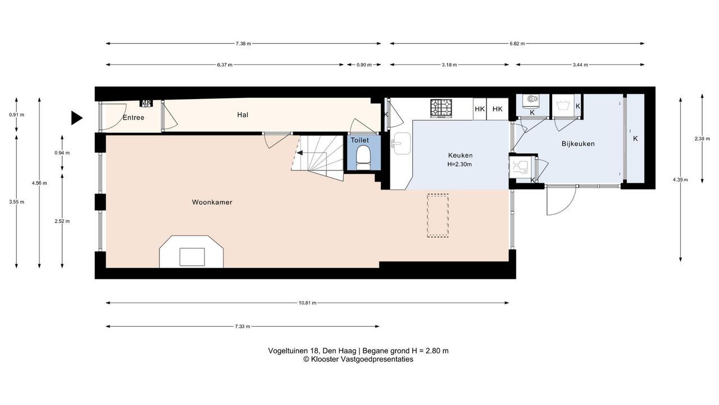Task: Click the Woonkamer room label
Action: [x=212, y=202]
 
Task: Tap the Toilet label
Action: [x=359, y=140]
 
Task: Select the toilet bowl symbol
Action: [x=363, y=157]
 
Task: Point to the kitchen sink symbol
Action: [x=401, y=143]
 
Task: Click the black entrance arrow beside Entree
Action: [x=77, y=118]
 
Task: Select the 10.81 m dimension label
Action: [x=307, y=303]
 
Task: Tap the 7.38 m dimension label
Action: [x=243, y=44]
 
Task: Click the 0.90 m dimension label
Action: [x=364, y=65]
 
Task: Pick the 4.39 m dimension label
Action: [x=680, y=179]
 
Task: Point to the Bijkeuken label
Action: [x=578, y=143]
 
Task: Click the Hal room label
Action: [x=243, y=115]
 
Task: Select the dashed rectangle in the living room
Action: [x=438, y=215]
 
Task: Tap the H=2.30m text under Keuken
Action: [x=459, y=164]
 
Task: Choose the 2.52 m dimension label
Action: [x=62, y=221]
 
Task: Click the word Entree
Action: [x=134, y=118]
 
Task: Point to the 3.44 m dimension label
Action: [x=580, y=65]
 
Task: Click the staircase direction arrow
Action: [x=300, y=152]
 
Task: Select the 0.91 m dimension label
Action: [x=16, y=115]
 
